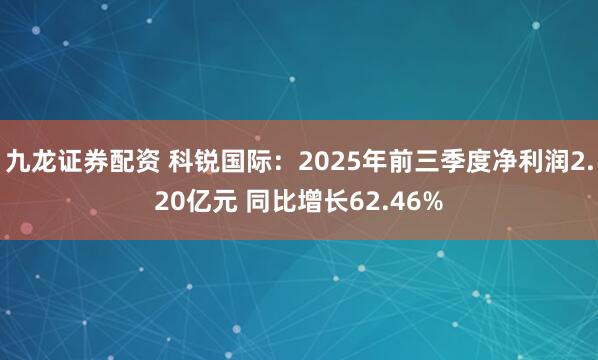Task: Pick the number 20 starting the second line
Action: coord(166,201)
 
